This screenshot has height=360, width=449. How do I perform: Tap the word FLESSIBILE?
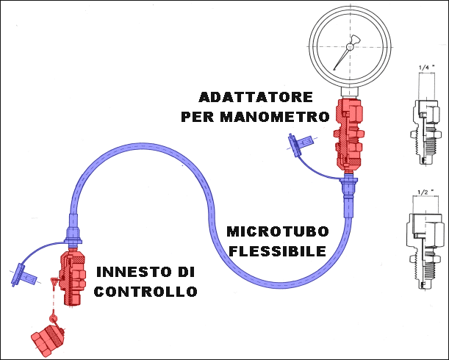point(277,251)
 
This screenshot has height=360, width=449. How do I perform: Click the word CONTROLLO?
point(145,292)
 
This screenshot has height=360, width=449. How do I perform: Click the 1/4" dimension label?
point(424,68)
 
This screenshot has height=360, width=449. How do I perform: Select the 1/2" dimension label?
point(424,192)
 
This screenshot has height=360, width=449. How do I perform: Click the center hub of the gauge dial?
point(349,47)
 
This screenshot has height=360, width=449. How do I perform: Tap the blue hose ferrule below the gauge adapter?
point(347,192)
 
